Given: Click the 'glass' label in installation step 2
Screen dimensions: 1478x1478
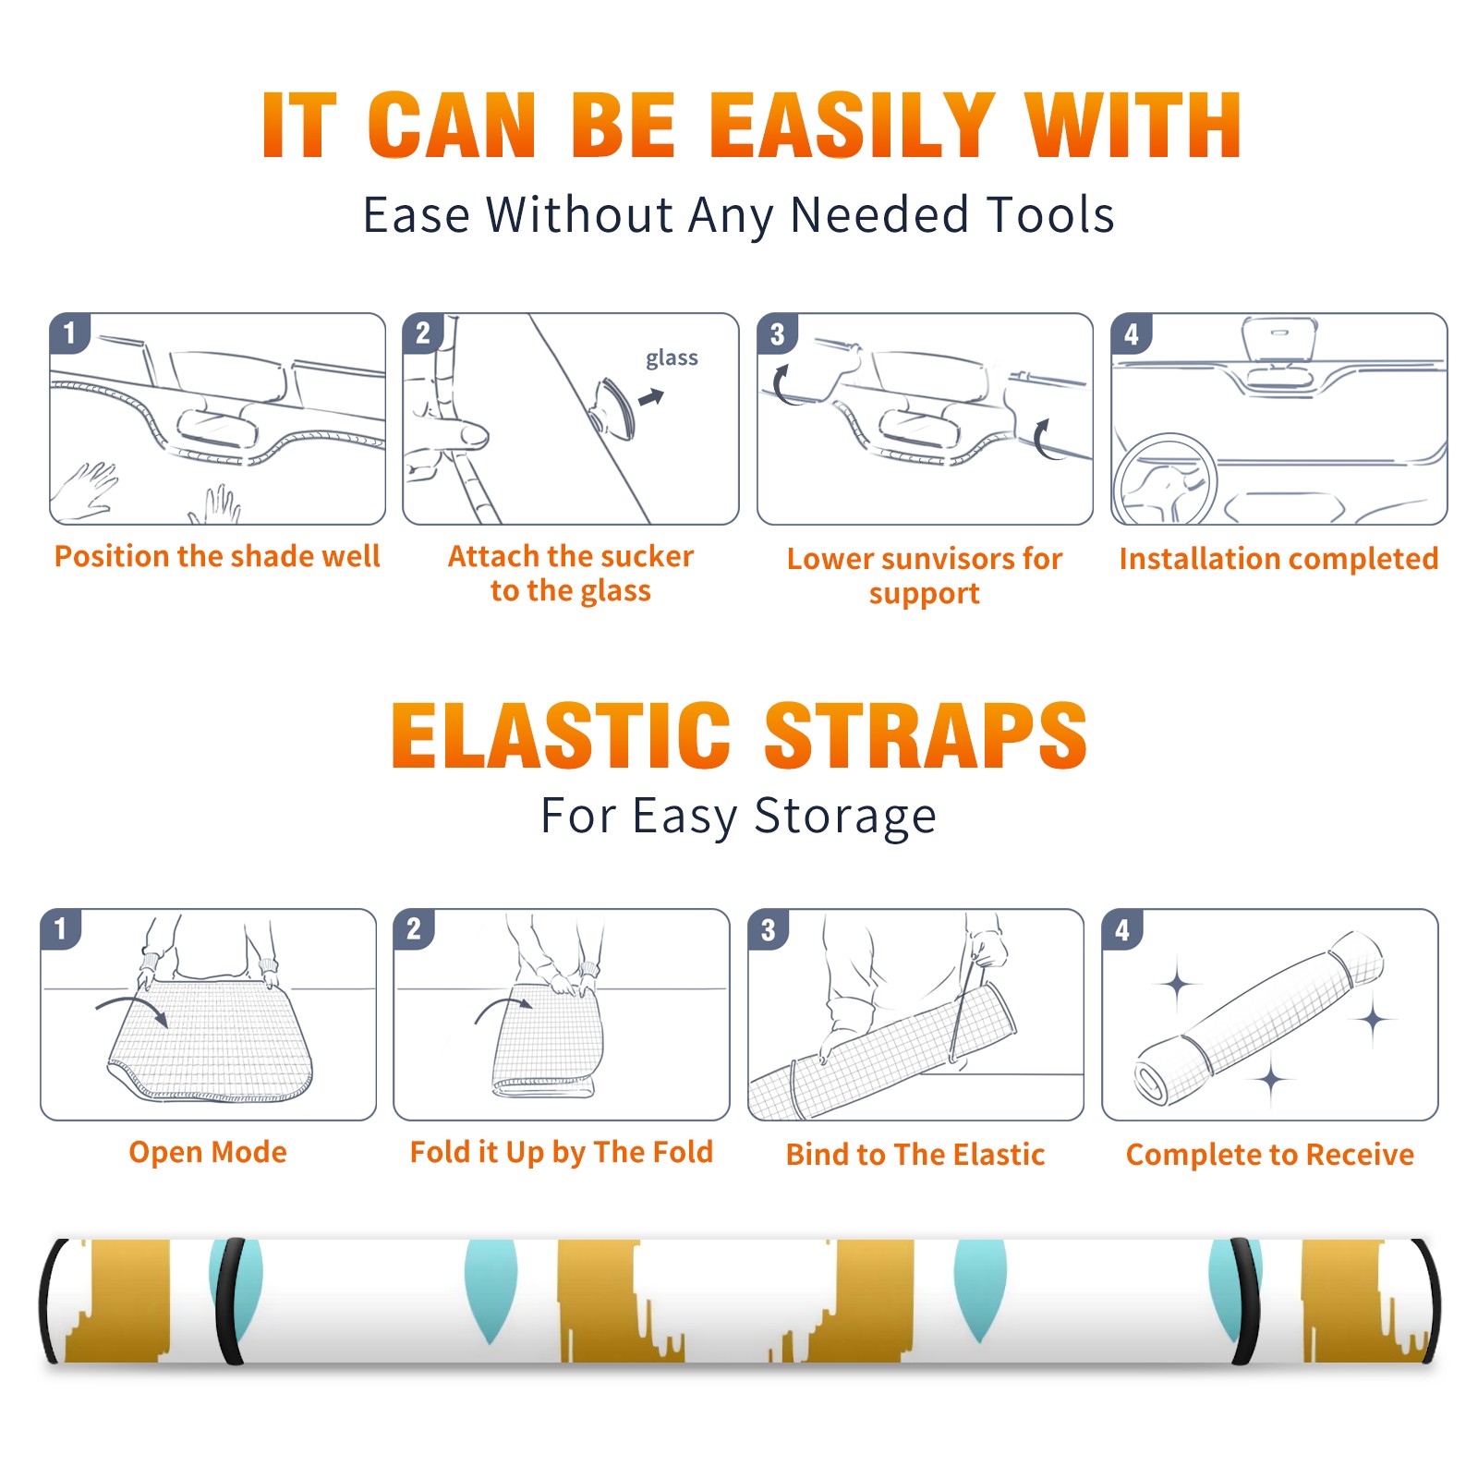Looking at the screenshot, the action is tap(672, 357).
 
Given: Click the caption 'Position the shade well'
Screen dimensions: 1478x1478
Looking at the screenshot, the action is tap(217, 556).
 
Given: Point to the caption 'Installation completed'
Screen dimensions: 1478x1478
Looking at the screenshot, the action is tap(1278, 558).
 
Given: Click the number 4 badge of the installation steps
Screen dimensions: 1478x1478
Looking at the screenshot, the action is tap(1132, 333).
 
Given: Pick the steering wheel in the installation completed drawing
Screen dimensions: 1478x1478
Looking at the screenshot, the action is tap(1165, 479).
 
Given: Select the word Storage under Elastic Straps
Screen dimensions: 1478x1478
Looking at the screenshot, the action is tap(845, 817).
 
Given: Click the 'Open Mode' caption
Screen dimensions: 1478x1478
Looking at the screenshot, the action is tap(208, 1152).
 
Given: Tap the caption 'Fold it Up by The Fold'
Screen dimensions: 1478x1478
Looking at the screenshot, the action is tap(562, 1152).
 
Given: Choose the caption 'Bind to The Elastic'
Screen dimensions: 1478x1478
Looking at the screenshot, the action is tap(915, 1155).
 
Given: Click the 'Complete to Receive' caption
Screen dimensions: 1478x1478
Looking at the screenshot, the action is tap(1270, 1155).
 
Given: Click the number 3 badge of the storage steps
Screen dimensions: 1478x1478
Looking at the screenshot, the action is tap(768, 929).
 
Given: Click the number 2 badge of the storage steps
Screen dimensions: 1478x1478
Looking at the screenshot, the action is tap(413, 929).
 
